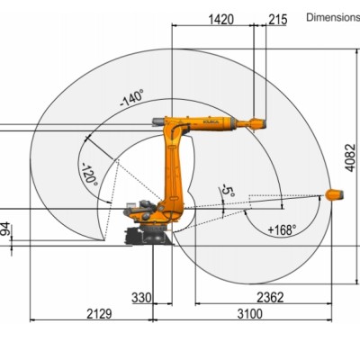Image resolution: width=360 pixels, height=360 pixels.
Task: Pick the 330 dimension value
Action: point(141,297)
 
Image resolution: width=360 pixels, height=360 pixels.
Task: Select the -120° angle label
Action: point(89,174)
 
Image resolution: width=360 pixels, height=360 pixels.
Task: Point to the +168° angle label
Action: point(283,230)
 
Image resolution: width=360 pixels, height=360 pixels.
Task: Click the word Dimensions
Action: point(332,16)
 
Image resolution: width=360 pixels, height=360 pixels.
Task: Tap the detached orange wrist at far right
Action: point(333,193)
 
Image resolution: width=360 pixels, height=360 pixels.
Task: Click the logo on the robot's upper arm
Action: point(212,117)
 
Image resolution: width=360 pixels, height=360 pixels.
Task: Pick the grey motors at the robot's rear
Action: point(139,211)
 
